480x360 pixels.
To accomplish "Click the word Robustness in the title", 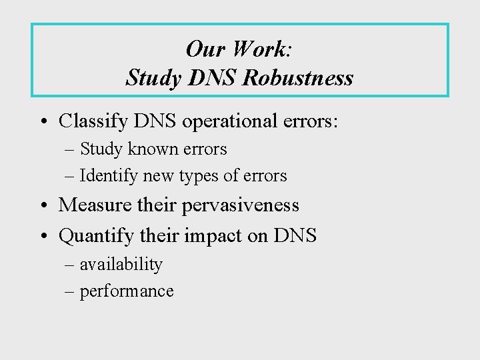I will [298, 79].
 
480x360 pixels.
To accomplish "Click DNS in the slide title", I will [209, 79].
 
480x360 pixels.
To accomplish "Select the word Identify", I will [106, 176].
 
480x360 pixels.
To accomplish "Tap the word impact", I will [227, 235].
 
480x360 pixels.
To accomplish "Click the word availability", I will [121, 265].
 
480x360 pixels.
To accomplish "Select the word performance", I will [127, 291].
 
